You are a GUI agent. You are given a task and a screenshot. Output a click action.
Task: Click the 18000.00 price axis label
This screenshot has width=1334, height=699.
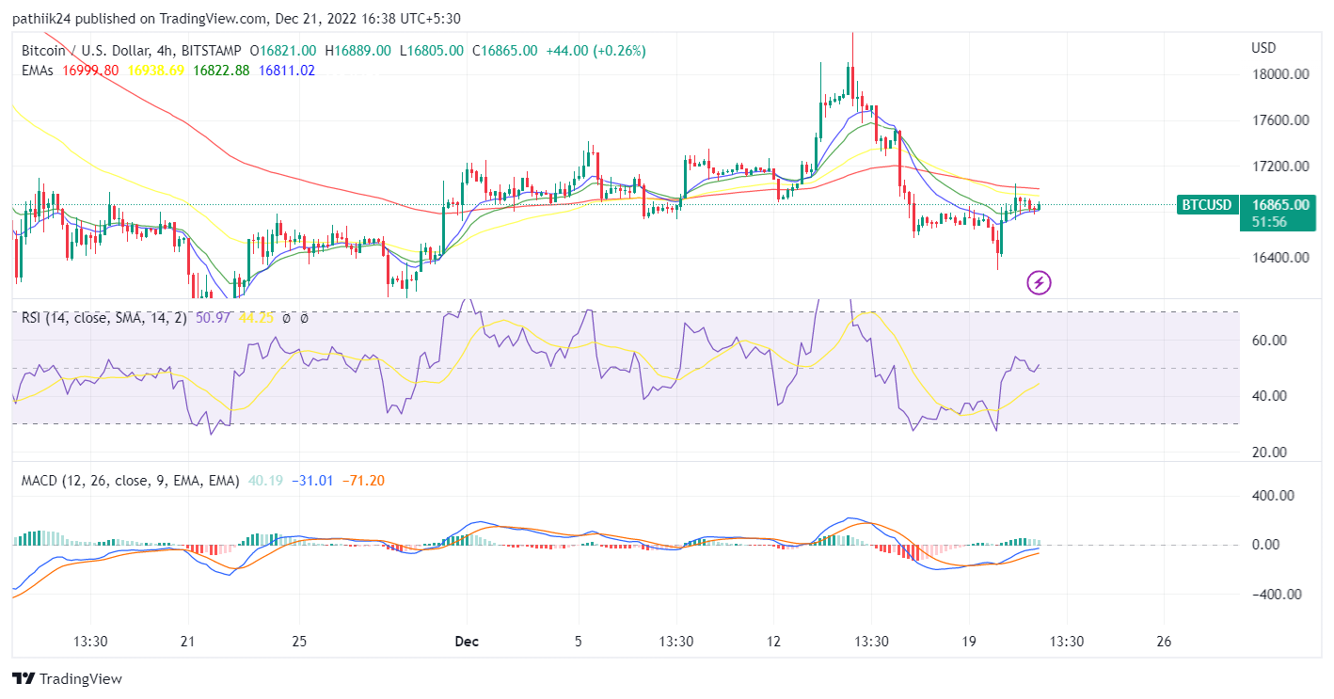[1280, 75]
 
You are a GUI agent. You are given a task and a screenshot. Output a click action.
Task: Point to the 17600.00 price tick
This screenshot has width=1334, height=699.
[1280, 120]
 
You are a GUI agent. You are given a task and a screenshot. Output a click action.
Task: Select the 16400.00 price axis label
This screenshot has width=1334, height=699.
[1280, 258]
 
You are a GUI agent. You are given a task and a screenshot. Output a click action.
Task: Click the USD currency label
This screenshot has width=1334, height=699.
[1263, 48]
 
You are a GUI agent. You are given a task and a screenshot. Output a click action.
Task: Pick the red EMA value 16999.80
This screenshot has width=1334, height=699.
[90, 70]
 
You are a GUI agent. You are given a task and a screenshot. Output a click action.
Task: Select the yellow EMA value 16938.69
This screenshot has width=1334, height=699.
[155, 70]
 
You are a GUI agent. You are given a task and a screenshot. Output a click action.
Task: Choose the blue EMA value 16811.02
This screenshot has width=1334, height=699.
[287, 70]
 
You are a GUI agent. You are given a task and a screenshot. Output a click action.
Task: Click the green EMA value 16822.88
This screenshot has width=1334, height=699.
[221, 70]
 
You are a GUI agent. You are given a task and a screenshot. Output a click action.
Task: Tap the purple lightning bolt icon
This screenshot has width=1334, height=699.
[1039, 281]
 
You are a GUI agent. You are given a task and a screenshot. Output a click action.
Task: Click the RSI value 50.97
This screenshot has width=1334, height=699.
[214, 318]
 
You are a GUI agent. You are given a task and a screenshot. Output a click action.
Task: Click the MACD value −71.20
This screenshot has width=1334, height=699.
[362, 481]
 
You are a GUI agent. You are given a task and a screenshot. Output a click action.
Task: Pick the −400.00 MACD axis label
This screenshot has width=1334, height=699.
[1276, 595]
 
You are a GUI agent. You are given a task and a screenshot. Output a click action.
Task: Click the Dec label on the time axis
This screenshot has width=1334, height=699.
[466, 642]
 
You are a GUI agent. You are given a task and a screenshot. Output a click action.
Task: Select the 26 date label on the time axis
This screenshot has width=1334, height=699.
[1164, 642]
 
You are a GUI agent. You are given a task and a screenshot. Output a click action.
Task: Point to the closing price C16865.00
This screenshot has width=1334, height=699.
[504, 51]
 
